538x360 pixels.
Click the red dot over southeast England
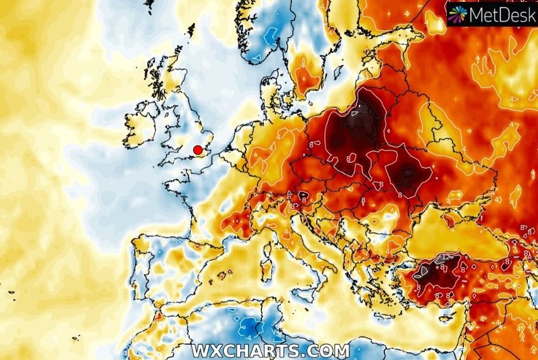tap(198, 150)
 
